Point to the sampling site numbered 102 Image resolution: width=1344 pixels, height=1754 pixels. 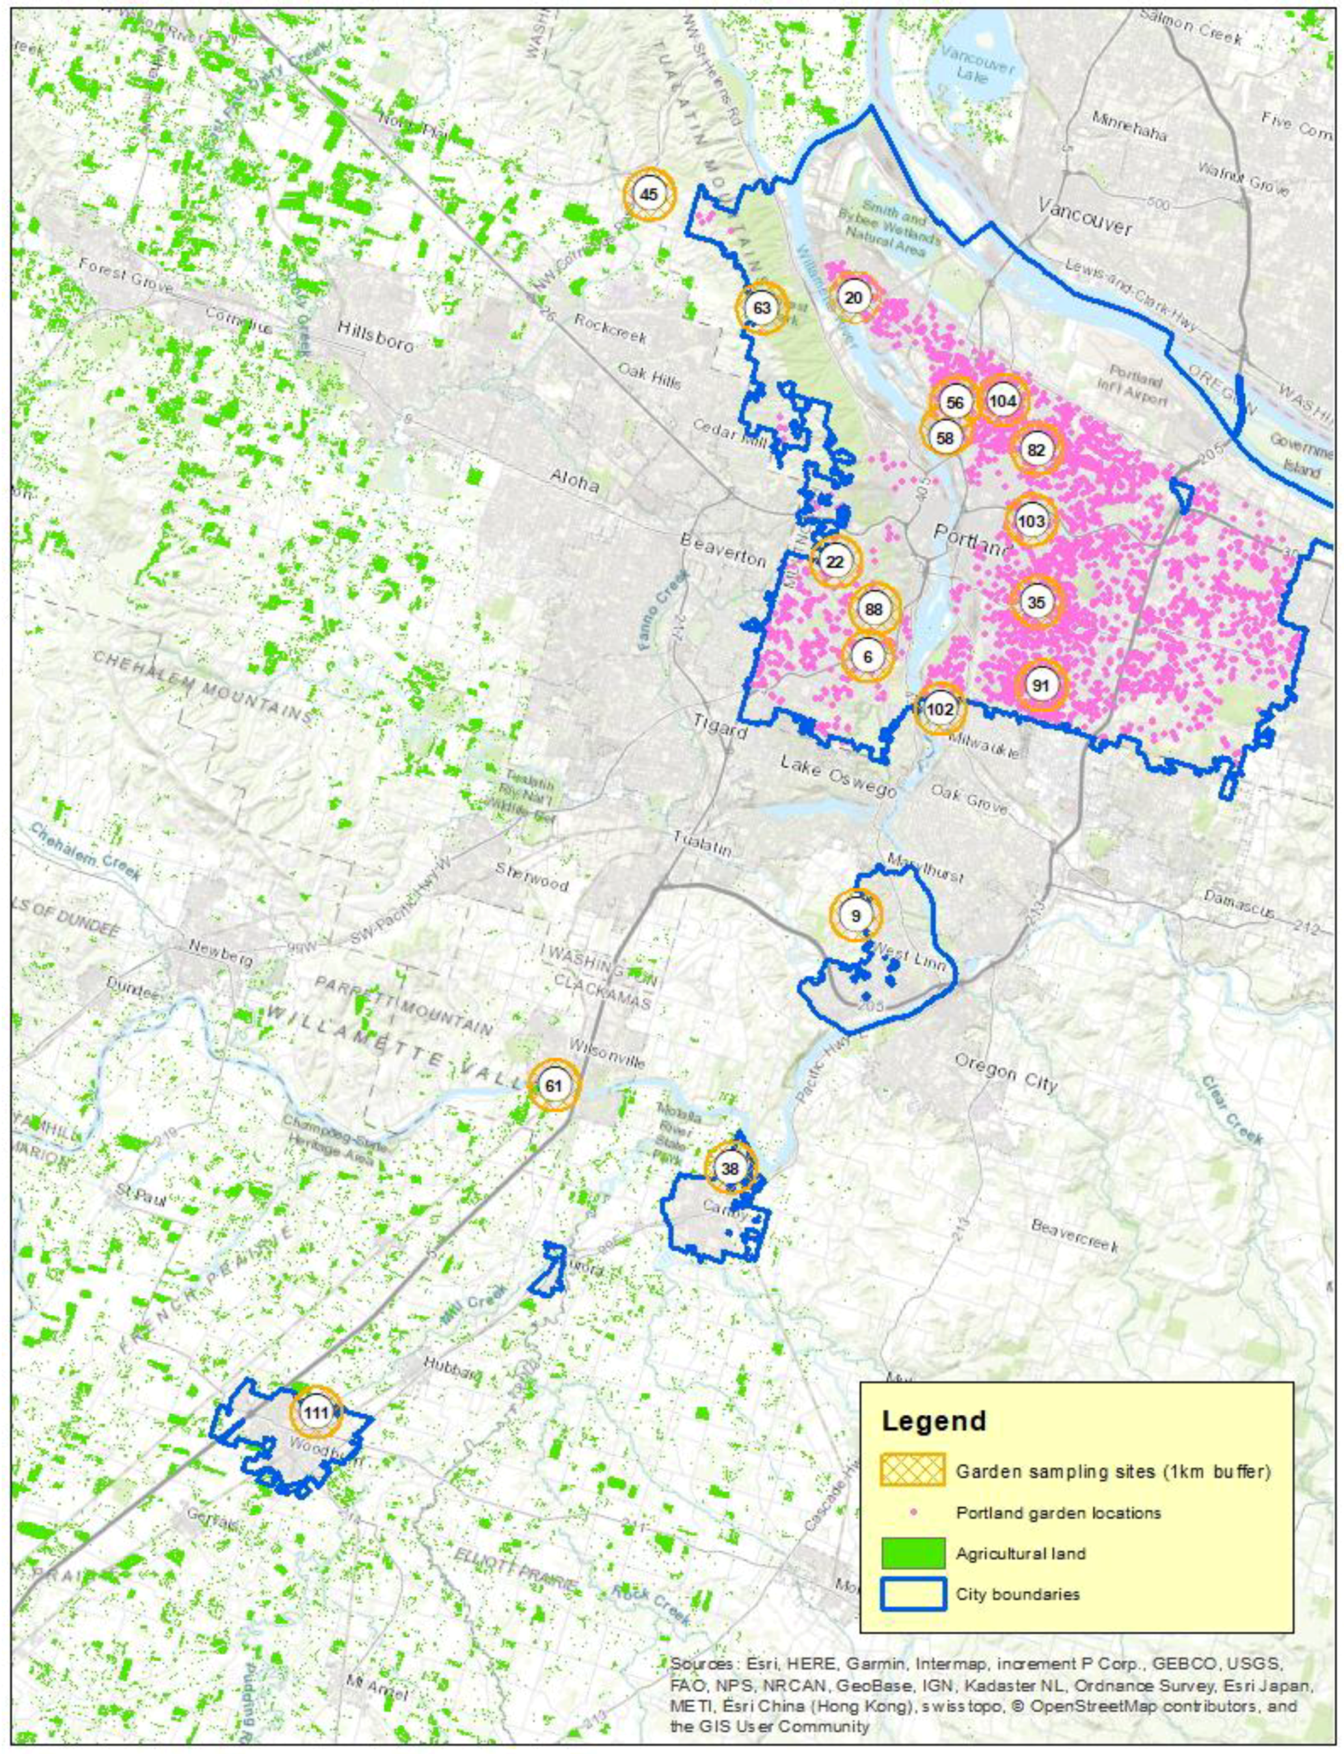(940, 709)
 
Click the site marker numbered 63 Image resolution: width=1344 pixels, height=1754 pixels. (762, 307)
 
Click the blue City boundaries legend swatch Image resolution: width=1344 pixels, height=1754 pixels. (912, 1632)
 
